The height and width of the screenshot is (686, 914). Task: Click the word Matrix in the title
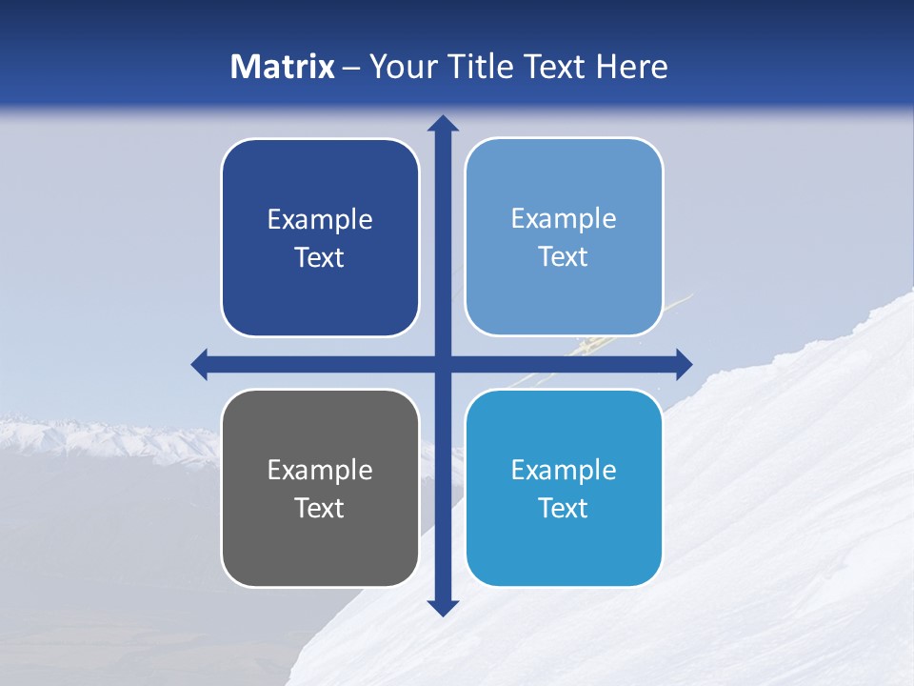[x=283, y=67]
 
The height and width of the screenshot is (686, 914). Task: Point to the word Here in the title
[x=632, y=67]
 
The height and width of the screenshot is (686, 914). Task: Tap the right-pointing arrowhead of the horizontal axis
[x=684, y=364]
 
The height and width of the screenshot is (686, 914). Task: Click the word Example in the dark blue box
[x=320, y=220]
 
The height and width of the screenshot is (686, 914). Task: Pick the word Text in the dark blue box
[x=320, y=257]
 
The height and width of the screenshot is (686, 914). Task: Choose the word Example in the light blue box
[x=564, y=219]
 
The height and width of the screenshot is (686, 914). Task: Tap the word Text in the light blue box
[x=564, y=256]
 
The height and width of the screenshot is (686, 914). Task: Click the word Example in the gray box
[x=320, y=471]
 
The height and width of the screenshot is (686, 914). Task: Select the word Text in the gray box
[x=320, y=508]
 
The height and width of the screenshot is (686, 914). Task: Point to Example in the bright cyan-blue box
[x=564, y=471]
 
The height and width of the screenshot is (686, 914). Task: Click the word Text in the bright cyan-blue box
[x=564, y=508]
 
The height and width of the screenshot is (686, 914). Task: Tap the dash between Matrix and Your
[x=351, y=68]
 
